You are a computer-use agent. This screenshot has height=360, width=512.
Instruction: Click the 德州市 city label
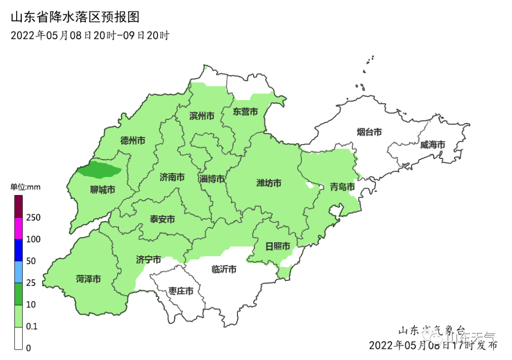133,140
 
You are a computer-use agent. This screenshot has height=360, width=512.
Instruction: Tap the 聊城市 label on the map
103,190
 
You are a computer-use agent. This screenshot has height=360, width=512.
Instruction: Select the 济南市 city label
172,177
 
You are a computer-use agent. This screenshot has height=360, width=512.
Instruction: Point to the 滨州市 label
201,116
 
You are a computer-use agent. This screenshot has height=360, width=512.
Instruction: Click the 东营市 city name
245,112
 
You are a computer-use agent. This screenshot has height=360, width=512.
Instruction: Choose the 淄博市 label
212,179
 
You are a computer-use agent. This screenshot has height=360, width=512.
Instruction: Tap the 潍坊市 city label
269,183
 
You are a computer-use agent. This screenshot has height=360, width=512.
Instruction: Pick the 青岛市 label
342,187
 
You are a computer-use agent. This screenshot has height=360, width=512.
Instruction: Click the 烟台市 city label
369,132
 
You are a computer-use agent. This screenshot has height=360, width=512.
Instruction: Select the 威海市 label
432,145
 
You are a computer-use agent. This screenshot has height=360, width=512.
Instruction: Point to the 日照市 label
277,246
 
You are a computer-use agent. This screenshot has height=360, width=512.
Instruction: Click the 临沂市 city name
224,269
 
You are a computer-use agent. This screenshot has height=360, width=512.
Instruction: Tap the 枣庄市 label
181,291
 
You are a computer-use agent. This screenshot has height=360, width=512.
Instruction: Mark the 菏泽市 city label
88,279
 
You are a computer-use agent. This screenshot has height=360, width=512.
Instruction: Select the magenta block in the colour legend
18,228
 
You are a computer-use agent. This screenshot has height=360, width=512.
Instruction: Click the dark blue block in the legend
18,250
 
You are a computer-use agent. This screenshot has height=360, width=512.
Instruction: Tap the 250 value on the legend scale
33,218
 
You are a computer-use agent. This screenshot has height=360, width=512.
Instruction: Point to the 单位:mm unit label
26,187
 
